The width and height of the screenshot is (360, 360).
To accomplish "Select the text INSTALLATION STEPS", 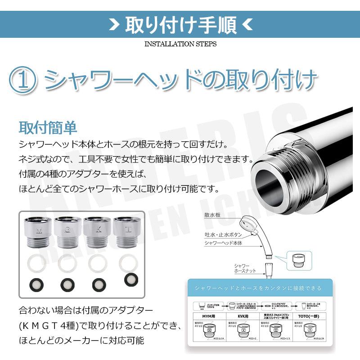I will point(180,44).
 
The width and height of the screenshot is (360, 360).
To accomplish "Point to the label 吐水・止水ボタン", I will point(223,235).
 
